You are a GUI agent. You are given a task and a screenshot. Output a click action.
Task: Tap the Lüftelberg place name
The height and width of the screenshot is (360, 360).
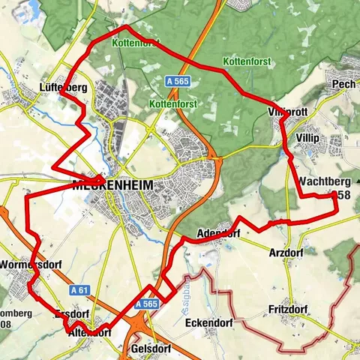63,88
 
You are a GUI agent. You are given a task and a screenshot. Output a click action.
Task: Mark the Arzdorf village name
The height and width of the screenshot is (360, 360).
286,253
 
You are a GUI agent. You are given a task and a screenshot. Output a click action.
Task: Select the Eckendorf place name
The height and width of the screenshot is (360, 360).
208,323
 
